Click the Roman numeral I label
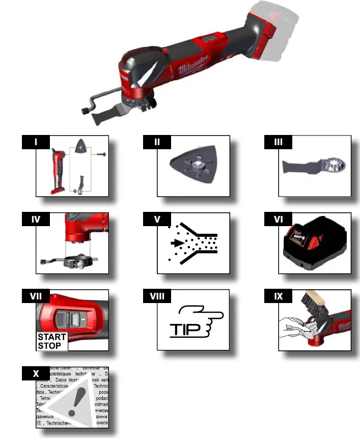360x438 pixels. (36, 142)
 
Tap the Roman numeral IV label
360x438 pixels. (36, 220)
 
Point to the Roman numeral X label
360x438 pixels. (36, 373)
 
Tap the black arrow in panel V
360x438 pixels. (178, 243)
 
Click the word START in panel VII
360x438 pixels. (51, 337)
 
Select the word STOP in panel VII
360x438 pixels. (49, 346)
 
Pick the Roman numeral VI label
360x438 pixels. (278, 220)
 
